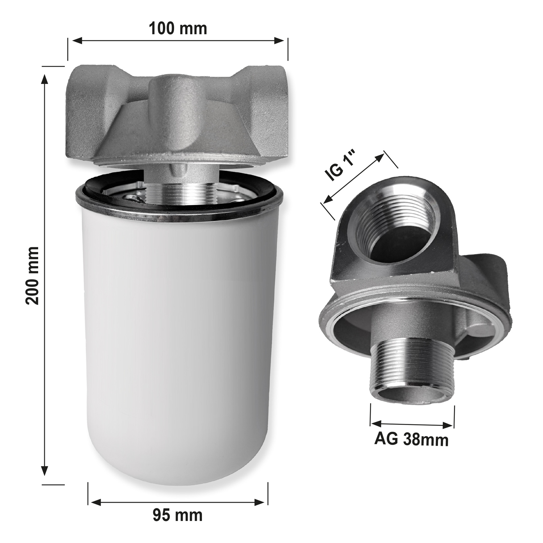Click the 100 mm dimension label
click(178, 28)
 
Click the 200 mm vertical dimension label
click(33, 275)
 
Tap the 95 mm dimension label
click(177, 515)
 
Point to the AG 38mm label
click(411, 439)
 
